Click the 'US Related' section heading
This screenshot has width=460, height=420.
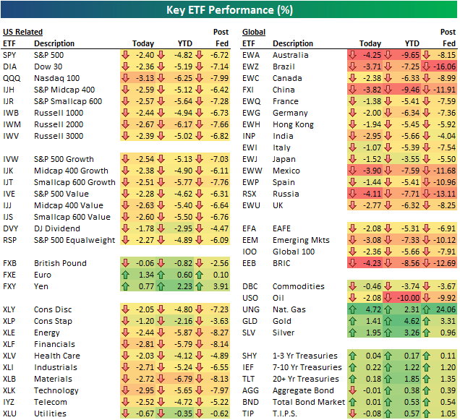22,32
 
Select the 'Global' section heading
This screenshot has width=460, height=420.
254,32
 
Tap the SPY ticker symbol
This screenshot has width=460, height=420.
10,55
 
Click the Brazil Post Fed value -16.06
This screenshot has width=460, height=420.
443,67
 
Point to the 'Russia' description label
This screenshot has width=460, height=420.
285,194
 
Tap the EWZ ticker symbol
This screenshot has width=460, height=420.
252,67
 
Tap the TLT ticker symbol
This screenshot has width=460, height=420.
250,379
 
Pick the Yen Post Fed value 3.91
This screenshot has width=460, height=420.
219,286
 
